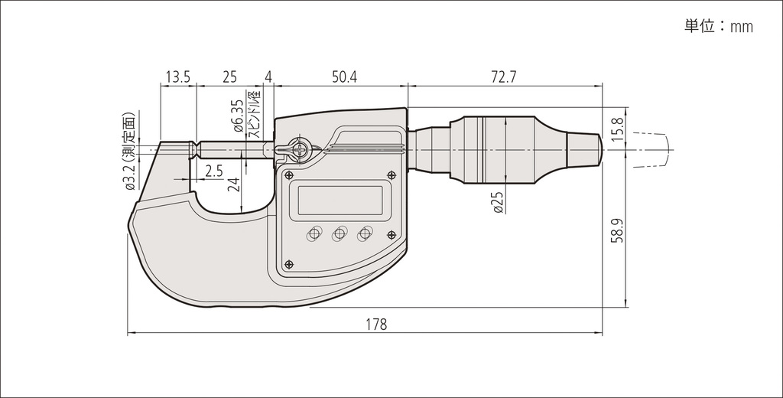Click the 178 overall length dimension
(x=376, y=325)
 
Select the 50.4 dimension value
(x=345, y=77)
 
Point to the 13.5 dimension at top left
(x=178, y=77)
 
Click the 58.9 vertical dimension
(x=618, y=230)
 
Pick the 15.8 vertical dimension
(x=618, y=129)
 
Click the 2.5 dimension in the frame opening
(x=214, y=171)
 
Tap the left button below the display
(x=314, y=233)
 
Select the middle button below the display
(x=340, y=233)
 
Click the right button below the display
(x=365, y=233)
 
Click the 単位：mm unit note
(x=719, y=26)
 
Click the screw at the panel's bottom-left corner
(x=288, y=265)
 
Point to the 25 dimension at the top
(x=229, y=77)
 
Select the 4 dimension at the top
(x=268, y=77)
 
